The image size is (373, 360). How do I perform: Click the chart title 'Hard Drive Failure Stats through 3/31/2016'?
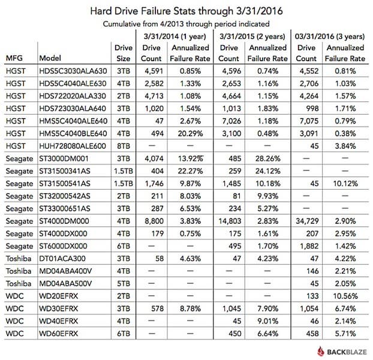click(186, 11)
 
